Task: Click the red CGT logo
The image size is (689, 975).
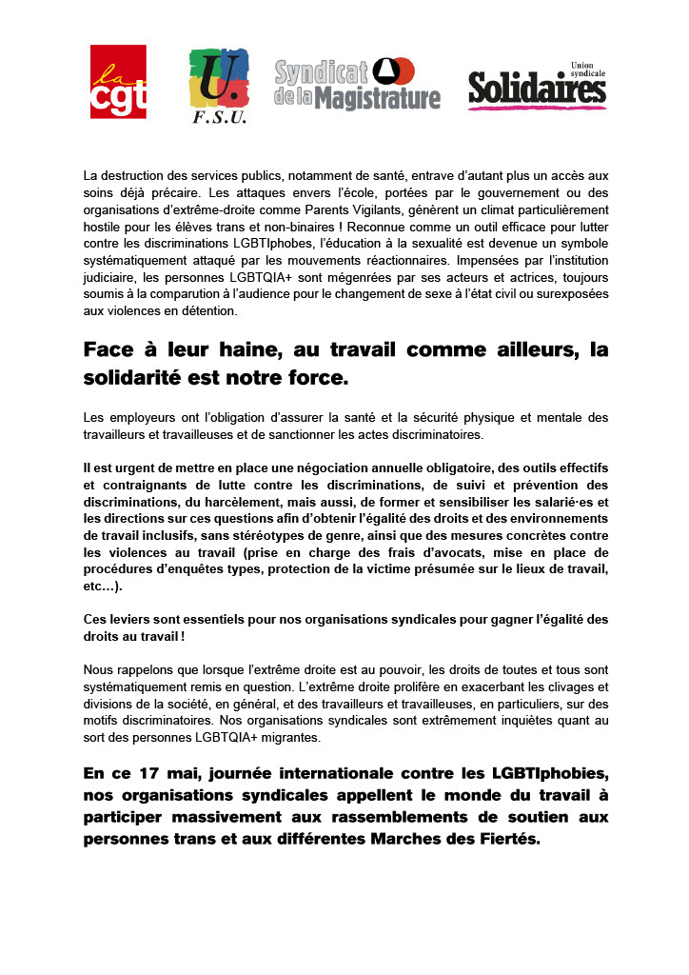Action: [118, 84]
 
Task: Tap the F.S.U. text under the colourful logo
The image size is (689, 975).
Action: [219, 118]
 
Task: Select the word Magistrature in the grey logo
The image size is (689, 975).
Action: [378, 98]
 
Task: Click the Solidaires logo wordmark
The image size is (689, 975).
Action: [537, 89]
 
